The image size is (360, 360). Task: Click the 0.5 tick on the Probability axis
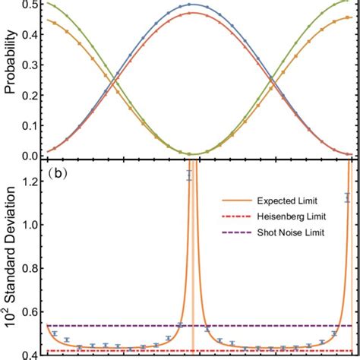coord(31,5)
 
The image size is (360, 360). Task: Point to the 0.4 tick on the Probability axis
coord(31,36)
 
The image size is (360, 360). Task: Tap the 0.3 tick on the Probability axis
coord(31,66)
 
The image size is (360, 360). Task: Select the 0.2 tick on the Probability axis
coord(31,96)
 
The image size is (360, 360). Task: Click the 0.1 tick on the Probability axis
coord(31,126)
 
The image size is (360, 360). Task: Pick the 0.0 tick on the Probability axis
coord(31,156)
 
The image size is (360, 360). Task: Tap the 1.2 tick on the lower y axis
coord(31,182)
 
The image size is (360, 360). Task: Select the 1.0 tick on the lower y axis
coord(31,225)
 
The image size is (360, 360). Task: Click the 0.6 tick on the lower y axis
coord(31,311)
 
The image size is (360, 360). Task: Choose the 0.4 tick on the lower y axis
coord(31,354)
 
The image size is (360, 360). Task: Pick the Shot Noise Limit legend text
coord(283,232)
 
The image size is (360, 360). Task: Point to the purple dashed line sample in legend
coord(232,232)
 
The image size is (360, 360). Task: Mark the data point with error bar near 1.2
coord(190,175)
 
